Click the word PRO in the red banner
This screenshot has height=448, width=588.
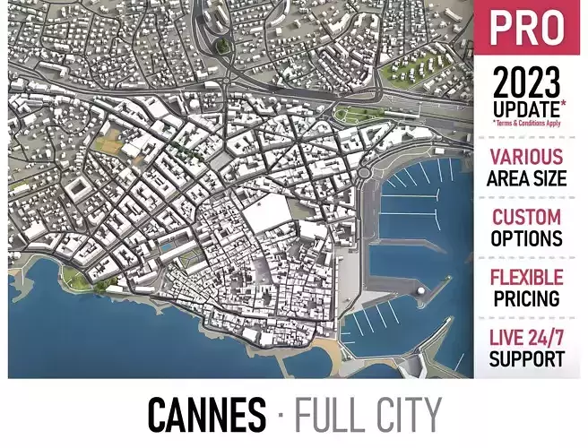[527, 28]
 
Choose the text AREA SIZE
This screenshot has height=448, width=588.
[526, 178]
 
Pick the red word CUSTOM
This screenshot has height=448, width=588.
[526, 218]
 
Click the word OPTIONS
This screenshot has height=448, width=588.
[526, 239]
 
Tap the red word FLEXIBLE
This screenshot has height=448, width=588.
[526, 278]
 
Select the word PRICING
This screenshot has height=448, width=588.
[526, 298]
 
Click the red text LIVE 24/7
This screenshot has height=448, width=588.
[526, 338]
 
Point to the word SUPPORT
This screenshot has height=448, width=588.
[526, 358]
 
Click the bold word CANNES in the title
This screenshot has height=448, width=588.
[206, 416]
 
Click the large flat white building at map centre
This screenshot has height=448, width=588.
[268, 214]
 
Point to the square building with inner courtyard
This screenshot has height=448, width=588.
[77, 187]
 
